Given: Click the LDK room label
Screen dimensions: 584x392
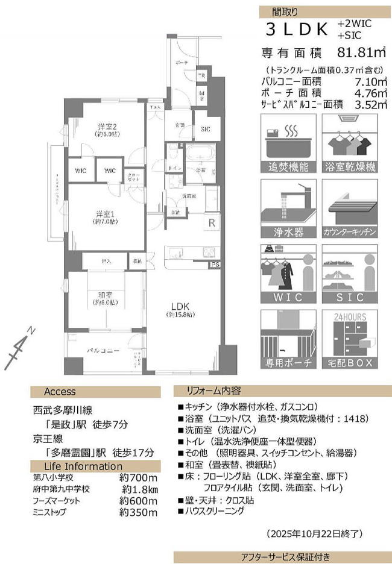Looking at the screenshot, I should tap(180, 305).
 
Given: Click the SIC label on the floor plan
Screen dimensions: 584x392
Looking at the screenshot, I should tap(206, 128).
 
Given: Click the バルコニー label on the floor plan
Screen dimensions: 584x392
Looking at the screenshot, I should tap(103, 350).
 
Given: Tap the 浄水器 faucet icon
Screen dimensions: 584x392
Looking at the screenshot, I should tap(287, 208).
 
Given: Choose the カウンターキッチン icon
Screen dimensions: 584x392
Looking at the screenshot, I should tap(350, 208).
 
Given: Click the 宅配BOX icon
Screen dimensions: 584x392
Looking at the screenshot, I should tap(350, 339).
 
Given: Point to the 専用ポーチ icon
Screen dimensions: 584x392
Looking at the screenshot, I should tap(287, 339).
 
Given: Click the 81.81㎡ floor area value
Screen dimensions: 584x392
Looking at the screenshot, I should tap(356, 52).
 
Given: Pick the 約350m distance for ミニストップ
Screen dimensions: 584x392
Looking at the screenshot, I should tap(139, 512).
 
